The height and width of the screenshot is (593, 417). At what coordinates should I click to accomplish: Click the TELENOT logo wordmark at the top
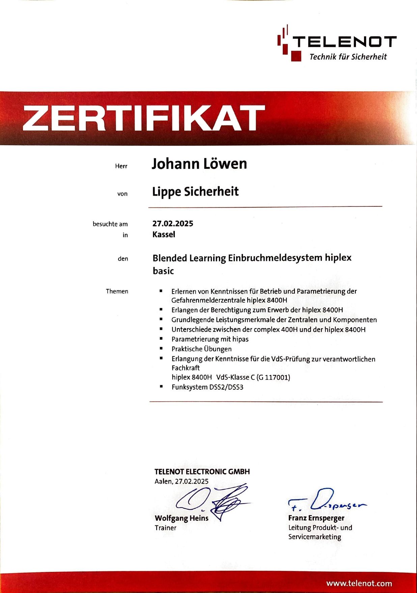coord(344,42)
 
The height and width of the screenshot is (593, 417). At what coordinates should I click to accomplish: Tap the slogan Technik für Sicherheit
coord(348,57)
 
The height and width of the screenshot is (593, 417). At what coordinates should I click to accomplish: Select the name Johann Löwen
coord(199,164)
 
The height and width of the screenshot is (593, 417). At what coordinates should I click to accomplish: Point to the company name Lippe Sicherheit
coord(195,192)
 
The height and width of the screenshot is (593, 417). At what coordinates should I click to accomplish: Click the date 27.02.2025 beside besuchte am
coord(173,223)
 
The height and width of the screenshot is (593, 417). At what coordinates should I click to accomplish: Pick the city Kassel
coord(164,234)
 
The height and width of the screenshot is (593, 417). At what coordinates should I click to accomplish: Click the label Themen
coord(117,291)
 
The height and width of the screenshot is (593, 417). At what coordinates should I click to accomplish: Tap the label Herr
coord(121,166)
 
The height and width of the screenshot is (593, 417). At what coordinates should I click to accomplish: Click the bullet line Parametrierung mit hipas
coord(210,339)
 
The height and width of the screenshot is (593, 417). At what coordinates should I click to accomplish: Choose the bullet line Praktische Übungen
coord(201,349)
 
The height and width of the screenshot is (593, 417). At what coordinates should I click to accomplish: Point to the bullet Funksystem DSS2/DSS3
coord(207,387)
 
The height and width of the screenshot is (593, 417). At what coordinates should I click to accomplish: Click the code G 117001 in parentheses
coord(273,377)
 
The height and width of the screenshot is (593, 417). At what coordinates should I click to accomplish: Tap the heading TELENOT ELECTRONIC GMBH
coord(202,472)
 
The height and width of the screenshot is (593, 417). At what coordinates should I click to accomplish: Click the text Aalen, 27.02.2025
coord(182,481)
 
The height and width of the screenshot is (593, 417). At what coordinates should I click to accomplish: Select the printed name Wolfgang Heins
coord(182,518)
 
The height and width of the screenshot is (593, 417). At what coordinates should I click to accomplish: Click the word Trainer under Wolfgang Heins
coord(165,528)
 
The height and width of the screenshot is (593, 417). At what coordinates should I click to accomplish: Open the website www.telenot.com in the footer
coord(359,584)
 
